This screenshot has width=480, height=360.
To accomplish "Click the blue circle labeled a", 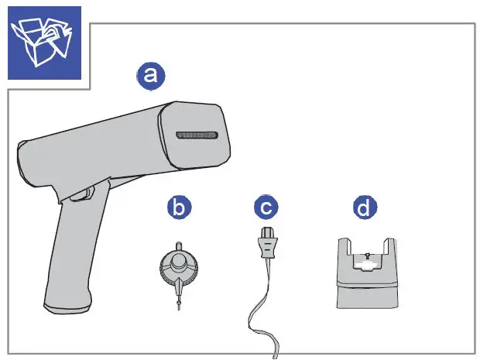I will coord(150,74).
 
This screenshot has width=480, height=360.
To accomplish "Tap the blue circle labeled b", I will coord(179,207).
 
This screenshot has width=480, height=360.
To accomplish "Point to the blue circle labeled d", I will coord(362,207).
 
